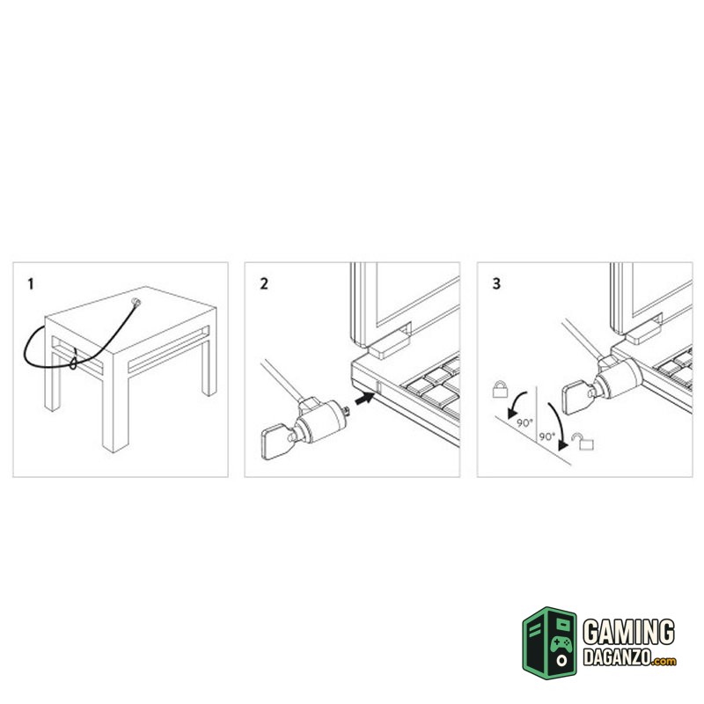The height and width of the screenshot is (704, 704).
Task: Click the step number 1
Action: [x=31, y=284]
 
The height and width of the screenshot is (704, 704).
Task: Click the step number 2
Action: [x=264, y=284]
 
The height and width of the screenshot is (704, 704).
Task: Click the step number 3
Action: [x=496, y=284]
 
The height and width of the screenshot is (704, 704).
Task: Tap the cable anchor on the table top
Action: [x=136, y=302]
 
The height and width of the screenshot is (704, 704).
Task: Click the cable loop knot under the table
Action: [x=74, y=361]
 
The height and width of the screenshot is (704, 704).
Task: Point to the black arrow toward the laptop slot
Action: [x=365, y=398]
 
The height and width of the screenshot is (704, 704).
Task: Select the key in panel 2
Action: [x=277, y=442]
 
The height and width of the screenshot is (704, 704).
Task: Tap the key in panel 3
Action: [x=578, y=397]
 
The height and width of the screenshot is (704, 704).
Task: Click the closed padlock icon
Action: [x=500, y=389]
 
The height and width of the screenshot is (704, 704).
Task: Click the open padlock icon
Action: [x=583, y=441]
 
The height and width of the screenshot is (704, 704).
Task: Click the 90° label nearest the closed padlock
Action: [x=524, y=423]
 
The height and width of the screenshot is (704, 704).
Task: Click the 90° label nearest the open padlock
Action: [x=546, y=436]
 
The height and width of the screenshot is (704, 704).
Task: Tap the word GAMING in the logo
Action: [x=628, y=632]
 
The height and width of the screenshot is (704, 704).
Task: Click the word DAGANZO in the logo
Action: [x=617, y=657]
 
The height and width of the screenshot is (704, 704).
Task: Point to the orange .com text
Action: [x=664, y=661]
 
